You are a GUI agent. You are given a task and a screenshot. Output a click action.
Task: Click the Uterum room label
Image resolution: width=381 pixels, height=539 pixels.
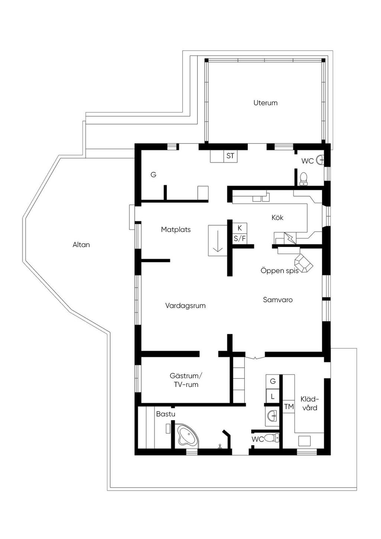pos(265,103)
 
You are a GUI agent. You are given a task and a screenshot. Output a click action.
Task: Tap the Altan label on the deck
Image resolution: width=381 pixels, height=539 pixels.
pos(81,245)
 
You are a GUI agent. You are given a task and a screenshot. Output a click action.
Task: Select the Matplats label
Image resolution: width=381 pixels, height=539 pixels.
pos(176,230)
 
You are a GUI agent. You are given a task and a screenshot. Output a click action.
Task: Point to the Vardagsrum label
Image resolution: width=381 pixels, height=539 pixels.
pos(185,306)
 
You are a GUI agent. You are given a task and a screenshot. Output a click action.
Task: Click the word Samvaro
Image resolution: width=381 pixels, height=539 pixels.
pos(278,300)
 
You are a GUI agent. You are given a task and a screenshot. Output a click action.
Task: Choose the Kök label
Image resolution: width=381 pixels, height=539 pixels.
pos(277,217)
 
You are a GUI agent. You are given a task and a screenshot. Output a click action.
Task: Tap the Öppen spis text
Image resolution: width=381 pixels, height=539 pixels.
pos(279,271)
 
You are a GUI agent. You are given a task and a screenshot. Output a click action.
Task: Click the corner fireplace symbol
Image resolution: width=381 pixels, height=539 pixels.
pos(304,263)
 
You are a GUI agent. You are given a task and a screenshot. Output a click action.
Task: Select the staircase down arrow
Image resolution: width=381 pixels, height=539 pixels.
pos(218,241)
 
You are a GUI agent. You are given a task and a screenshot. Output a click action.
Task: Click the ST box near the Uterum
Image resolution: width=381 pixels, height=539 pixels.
pos(230,156)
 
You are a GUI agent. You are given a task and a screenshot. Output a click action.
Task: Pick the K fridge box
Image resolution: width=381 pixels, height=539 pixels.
pos(240,228)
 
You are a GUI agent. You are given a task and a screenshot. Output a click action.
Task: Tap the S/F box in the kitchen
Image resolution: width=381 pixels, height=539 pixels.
pos(240,239)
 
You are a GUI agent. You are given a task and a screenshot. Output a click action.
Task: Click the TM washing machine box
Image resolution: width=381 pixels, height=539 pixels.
pos(289,406)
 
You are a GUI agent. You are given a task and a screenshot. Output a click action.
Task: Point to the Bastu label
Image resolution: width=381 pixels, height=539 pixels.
pos(166,414)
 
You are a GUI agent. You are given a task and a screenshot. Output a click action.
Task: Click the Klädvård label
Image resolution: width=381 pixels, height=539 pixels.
pos(310,404)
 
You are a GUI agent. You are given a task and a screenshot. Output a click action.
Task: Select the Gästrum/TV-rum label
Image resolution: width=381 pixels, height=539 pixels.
pos(186,380)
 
